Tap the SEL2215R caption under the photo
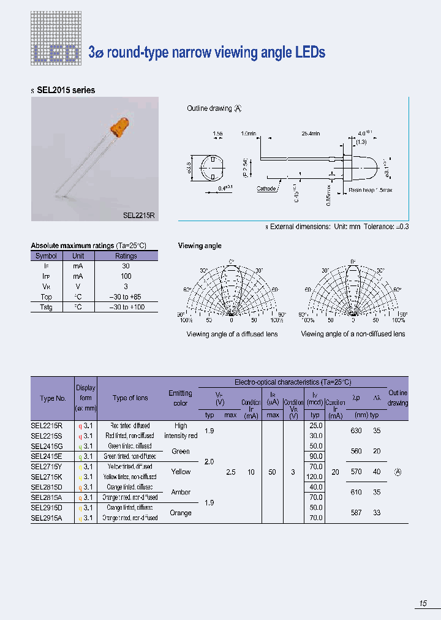139,215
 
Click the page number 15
423,604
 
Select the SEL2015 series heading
66,90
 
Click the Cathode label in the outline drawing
266,189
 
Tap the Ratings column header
126,256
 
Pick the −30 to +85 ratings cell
126,297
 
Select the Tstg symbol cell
46,307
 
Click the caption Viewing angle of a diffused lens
232,334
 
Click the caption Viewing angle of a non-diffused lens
353,334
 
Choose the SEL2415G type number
48,446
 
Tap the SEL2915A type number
48,518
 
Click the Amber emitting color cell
181,492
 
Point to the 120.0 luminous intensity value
315,477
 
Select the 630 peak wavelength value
356,431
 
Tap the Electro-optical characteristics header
293,382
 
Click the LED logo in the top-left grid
56,52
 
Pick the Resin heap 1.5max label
371,190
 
